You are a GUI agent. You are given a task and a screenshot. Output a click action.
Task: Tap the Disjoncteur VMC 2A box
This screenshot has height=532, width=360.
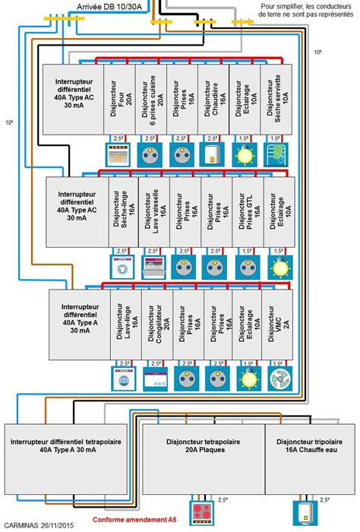pos(277,328)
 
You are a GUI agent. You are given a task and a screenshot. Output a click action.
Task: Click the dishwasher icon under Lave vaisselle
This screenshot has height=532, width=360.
pos(155,267)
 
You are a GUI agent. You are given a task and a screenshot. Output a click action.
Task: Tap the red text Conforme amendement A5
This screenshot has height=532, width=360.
pos(134,521)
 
